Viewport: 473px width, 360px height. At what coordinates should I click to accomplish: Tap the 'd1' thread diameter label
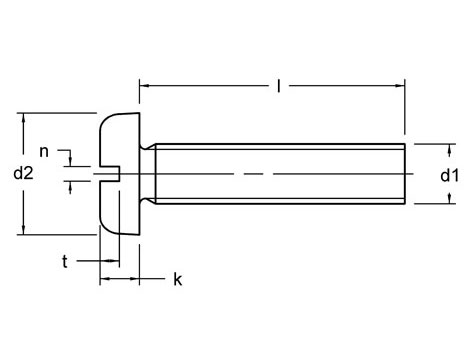(x=449, y=175)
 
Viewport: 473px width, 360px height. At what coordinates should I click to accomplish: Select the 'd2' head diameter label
(x=24, y=173)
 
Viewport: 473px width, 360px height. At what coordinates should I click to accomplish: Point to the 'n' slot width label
(x=43, y=151)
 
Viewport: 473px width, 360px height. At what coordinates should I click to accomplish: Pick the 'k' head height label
(x=177, y=279)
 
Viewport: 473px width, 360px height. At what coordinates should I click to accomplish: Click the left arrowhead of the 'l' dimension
(x=144, y=87)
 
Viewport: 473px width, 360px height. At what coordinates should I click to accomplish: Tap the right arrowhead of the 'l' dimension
(x=400, y=87)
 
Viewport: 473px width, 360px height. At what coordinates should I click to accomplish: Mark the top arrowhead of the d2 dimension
(x=22, y=116)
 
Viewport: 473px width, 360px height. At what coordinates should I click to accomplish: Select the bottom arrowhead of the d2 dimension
(x=22, y=231)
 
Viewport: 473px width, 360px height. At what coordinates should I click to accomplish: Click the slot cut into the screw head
(x=108, y=175)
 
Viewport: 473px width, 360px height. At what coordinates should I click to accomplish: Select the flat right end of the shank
(x=405, y=174)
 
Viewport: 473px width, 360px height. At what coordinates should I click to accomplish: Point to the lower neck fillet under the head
(x=148, y=203)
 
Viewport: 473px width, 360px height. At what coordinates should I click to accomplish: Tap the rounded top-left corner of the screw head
(x=105, y=120)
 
